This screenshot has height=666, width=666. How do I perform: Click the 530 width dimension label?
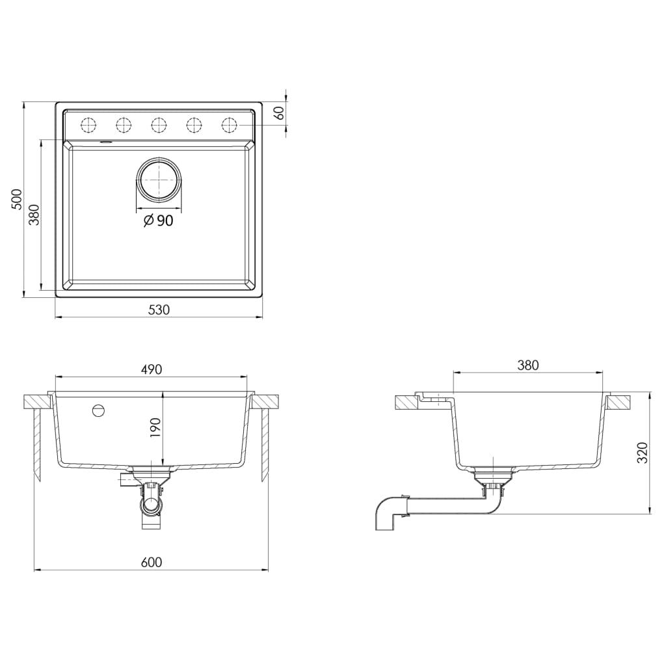158,310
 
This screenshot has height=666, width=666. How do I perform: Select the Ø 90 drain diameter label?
158,221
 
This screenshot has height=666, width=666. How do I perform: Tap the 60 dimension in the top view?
280,113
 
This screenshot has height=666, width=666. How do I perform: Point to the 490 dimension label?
151,369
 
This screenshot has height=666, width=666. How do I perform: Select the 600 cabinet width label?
151,562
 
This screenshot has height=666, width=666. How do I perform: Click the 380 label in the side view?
528,366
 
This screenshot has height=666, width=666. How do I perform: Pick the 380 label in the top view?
34,214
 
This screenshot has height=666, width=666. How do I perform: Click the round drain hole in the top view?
158,179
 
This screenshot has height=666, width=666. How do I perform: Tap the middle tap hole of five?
159,124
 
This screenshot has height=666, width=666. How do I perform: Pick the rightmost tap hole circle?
230,124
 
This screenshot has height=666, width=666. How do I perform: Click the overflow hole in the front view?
98,410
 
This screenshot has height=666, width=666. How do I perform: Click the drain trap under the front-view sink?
150,504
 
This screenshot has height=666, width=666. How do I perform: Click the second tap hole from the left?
124,124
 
